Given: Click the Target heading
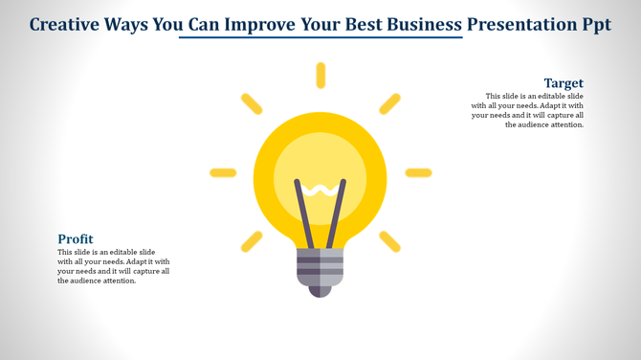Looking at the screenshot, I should [x=564, y=83].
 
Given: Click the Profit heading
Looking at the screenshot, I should [x=76, y=238].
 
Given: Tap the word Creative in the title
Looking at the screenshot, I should [x=66, y=23].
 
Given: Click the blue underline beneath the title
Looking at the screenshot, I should [x=320, y=38].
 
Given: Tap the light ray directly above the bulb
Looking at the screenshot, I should [x=320, y=76].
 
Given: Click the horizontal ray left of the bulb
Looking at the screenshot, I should [x=223, y=173].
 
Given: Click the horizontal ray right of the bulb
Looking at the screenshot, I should [x=418, y=173].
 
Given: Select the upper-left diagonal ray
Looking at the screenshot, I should [x=252, y=103].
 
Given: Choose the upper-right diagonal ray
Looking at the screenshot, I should [x=389, y=103].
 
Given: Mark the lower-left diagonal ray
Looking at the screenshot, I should [x=252, y=241].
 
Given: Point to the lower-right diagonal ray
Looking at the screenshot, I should [x=389, y=241].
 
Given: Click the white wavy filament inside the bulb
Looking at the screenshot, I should [x=320, y=189].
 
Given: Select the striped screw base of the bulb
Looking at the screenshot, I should [x=320, y=266].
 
